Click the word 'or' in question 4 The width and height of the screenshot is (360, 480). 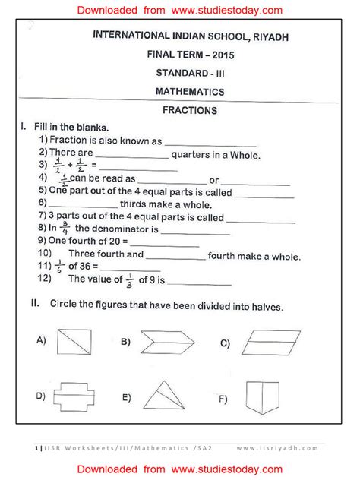point(214,180)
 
